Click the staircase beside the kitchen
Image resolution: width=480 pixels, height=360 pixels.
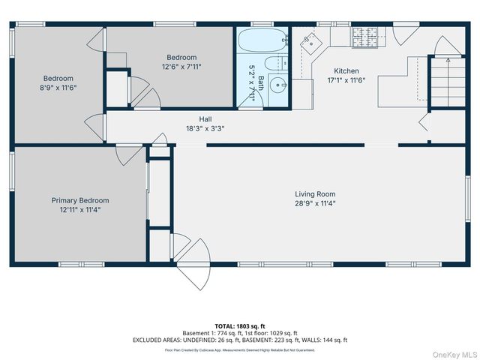pos(443,81)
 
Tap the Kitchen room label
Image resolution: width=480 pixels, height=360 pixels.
pos(346,71)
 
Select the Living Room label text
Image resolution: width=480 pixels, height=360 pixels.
pos(315,193)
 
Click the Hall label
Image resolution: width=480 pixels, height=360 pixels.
pos(205,119)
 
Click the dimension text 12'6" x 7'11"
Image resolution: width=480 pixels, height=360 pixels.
pos(181,66)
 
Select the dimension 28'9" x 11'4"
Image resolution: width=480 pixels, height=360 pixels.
pos(315,202)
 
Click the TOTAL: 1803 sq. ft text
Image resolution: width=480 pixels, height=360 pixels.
pos(239,325)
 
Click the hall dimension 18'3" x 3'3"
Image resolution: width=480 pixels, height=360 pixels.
pos(205,128)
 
